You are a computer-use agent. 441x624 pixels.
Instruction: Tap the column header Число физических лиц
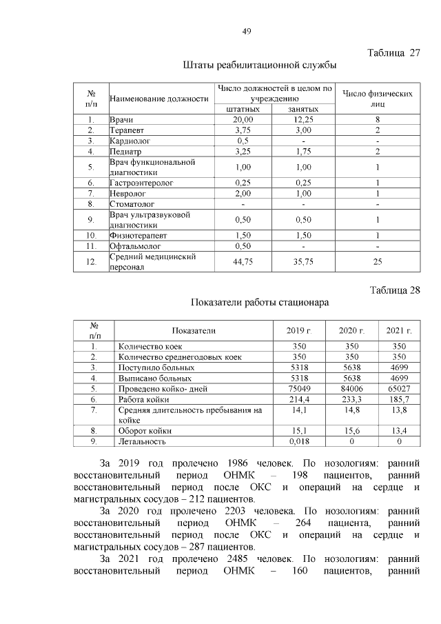(x=378, y=98)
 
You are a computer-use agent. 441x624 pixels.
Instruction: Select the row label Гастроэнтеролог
(x=141, y=183)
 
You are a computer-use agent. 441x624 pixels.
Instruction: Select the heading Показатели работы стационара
(x=260, y=302)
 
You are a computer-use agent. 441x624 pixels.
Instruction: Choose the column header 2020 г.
(x=351, y=331)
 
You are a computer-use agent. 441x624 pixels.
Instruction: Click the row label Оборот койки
(x=145, y=431)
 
